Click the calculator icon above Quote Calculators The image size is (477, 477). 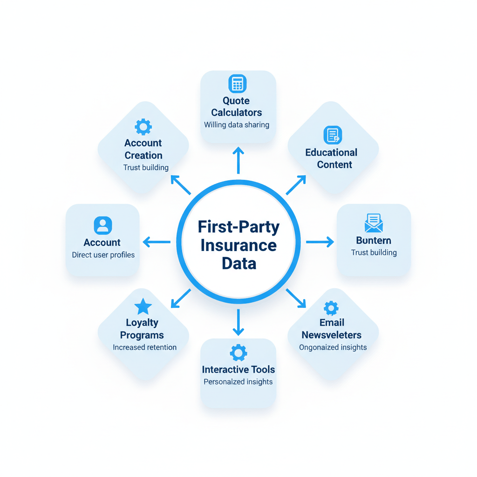237,84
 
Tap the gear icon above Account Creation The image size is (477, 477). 143,126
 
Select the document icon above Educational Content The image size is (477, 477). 333,135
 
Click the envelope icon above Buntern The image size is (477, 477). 374,223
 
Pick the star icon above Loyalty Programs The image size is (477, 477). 143,307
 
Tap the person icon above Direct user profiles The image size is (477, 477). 103,225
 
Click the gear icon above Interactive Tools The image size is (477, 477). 238,353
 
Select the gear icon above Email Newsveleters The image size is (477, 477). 331,307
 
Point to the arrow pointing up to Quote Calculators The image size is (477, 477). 238,160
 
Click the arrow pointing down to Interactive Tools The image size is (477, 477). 238,322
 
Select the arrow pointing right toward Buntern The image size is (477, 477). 320,242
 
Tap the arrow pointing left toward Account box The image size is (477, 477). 157,242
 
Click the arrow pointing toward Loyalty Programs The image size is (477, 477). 181,299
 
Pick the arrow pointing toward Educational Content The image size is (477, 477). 296,185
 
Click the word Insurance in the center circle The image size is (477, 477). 238,245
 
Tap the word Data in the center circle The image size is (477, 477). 238,264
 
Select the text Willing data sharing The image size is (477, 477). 237,125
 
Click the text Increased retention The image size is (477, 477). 144,348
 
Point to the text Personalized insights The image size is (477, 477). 238,382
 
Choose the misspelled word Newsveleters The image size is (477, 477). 331,335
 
